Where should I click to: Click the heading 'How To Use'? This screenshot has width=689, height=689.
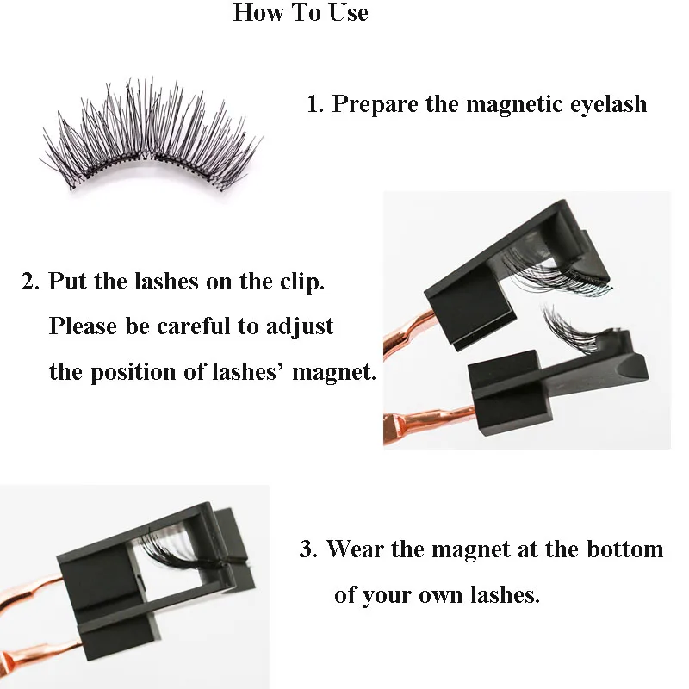[x=301, y=12]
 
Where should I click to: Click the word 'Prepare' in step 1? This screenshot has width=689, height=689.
[x=375, y=105]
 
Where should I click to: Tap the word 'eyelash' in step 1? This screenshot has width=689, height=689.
[x=608, y=105]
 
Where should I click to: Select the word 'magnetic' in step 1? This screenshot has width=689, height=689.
[x=514, y=105]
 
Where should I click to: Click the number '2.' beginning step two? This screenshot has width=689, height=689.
[x=30, y=282]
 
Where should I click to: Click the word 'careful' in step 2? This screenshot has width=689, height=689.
[x=193, y=326]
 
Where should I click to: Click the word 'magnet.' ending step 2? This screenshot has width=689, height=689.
[x=334, y=372]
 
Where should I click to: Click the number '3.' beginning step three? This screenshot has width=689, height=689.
[x=308, y=549]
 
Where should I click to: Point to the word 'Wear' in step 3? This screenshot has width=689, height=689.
[x=355, y=549]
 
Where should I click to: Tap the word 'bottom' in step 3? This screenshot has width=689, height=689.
[x=625, y=549]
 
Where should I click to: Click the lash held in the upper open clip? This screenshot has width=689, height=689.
[x=556, y=268]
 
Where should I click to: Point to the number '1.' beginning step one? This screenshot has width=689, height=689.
[x=315, y=104]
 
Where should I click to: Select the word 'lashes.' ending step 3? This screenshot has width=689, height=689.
[x=505, y=594]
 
